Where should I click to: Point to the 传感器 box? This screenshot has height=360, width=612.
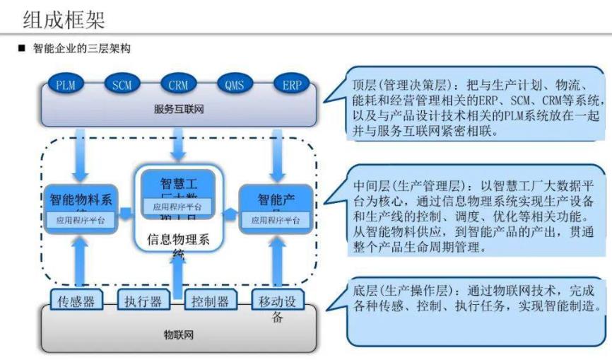click(x=76, y=301)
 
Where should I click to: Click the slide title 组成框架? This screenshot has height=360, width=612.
click(x=66, y=18)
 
